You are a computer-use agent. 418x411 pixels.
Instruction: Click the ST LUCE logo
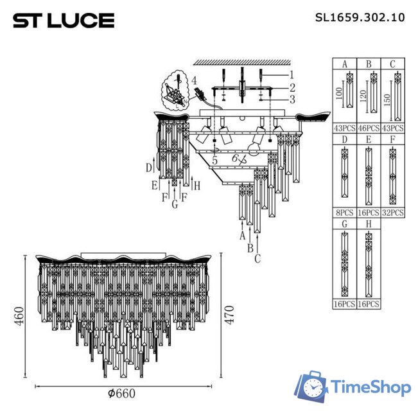(x=64, y=21)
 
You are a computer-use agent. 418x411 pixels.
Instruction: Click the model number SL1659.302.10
(x=360, y=18)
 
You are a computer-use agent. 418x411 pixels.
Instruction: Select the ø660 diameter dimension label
(x=122, y=394)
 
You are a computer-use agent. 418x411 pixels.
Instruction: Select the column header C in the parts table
(x=392, y=64)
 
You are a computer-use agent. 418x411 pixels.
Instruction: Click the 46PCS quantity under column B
(x=368, y=128)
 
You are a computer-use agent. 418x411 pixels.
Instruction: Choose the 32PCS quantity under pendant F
(x=392, y=212)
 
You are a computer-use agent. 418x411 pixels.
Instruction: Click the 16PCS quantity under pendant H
(x=368, y=304)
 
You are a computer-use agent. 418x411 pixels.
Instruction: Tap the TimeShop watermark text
(x=370, y=387)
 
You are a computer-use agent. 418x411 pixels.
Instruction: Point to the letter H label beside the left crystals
(x=197, y=186)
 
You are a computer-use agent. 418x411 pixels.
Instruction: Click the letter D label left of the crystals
(x=148, y=168)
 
